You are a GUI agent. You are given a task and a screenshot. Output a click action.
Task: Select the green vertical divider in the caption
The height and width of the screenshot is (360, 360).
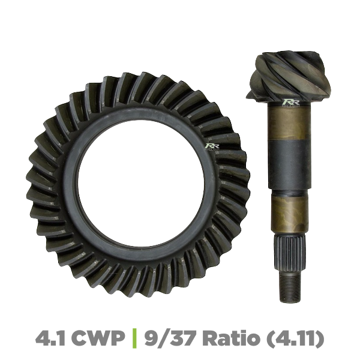coord(136,338)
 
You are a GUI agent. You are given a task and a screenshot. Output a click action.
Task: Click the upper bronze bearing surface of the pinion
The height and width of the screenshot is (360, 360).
coord(290,123)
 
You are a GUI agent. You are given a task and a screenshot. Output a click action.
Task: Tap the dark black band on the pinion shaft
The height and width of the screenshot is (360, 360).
coord(290,165)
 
